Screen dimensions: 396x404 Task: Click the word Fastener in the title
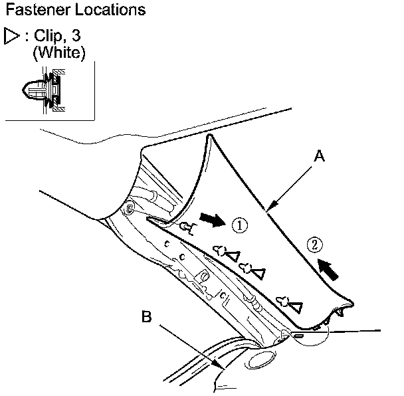34,11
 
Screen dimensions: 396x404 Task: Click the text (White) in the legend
59,52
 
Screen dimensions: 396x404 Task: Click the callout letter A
320,157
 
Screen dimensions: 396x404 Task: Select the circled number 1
241,225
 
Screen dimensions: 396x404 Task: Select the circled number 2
315,245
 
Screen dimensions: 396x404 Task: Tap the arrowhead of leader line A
268,212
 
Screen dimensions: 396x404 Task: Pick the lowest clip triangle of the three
295,306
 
